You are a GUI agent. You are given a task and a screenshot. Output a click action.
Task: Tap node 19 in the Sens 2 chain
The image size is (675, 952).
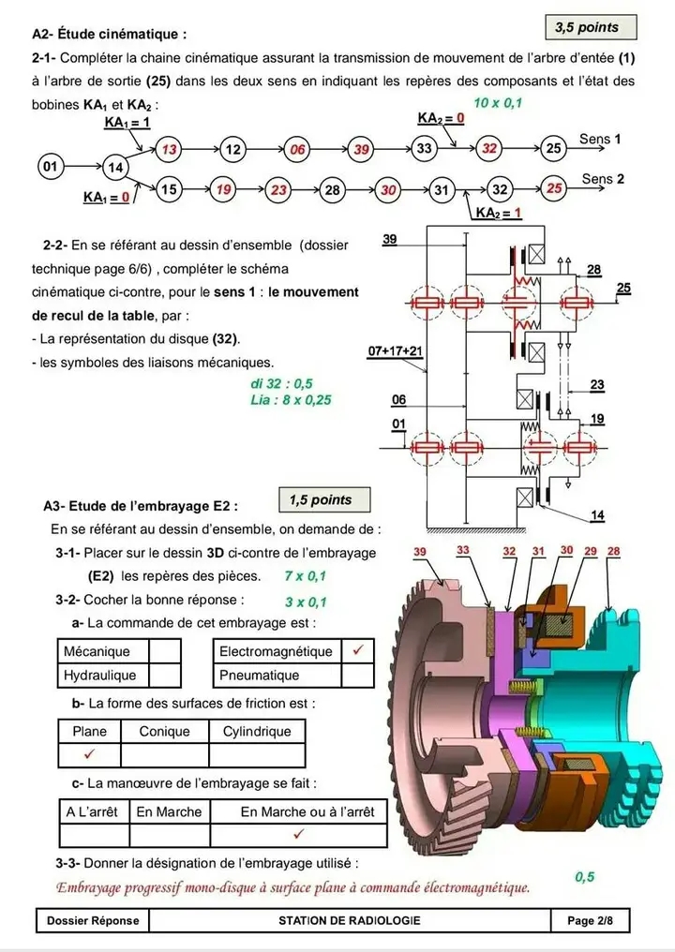224,190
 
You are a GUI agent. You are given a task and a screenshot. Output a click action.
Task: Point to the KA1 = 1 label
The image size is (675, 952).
127,123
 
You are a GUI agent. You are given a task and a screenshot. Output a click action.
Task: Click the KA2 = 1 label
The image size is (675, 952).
498,214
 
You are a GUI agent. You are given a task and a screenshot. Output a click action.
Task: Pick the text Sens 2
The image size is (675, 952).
603,178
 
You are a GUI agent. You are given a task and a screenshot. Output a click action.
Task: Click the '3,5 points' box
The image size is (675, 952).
587,28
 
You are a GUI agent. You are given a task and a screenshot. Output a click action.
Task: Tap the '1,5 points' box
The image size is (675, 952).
321,500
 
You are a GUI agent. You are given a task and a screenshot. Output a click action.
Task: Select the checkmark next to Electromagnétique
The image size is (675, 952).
357,650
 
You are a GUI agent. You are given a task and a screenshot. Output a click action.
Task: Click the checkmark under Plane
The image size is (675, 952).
89,754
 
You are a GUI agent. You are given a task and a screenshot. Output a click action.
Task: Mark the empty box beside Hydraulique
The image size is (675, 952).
165,675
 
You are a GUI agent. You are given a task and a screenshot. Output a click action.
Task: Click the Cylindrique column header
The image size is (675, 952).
257,731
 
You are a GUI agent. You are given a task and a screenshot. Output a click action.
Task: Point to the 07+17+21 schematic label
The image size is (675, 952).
396,350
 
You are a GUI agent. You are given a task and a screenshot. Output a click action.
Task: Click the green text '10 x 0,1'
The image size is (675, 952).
499,102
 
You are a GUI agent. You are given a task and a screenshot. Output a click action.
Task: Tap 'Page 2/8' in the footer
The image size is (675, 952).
590,920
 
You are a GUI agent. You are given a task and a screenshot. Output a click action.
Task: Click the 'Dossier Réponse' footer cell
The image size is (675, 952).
93,920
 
